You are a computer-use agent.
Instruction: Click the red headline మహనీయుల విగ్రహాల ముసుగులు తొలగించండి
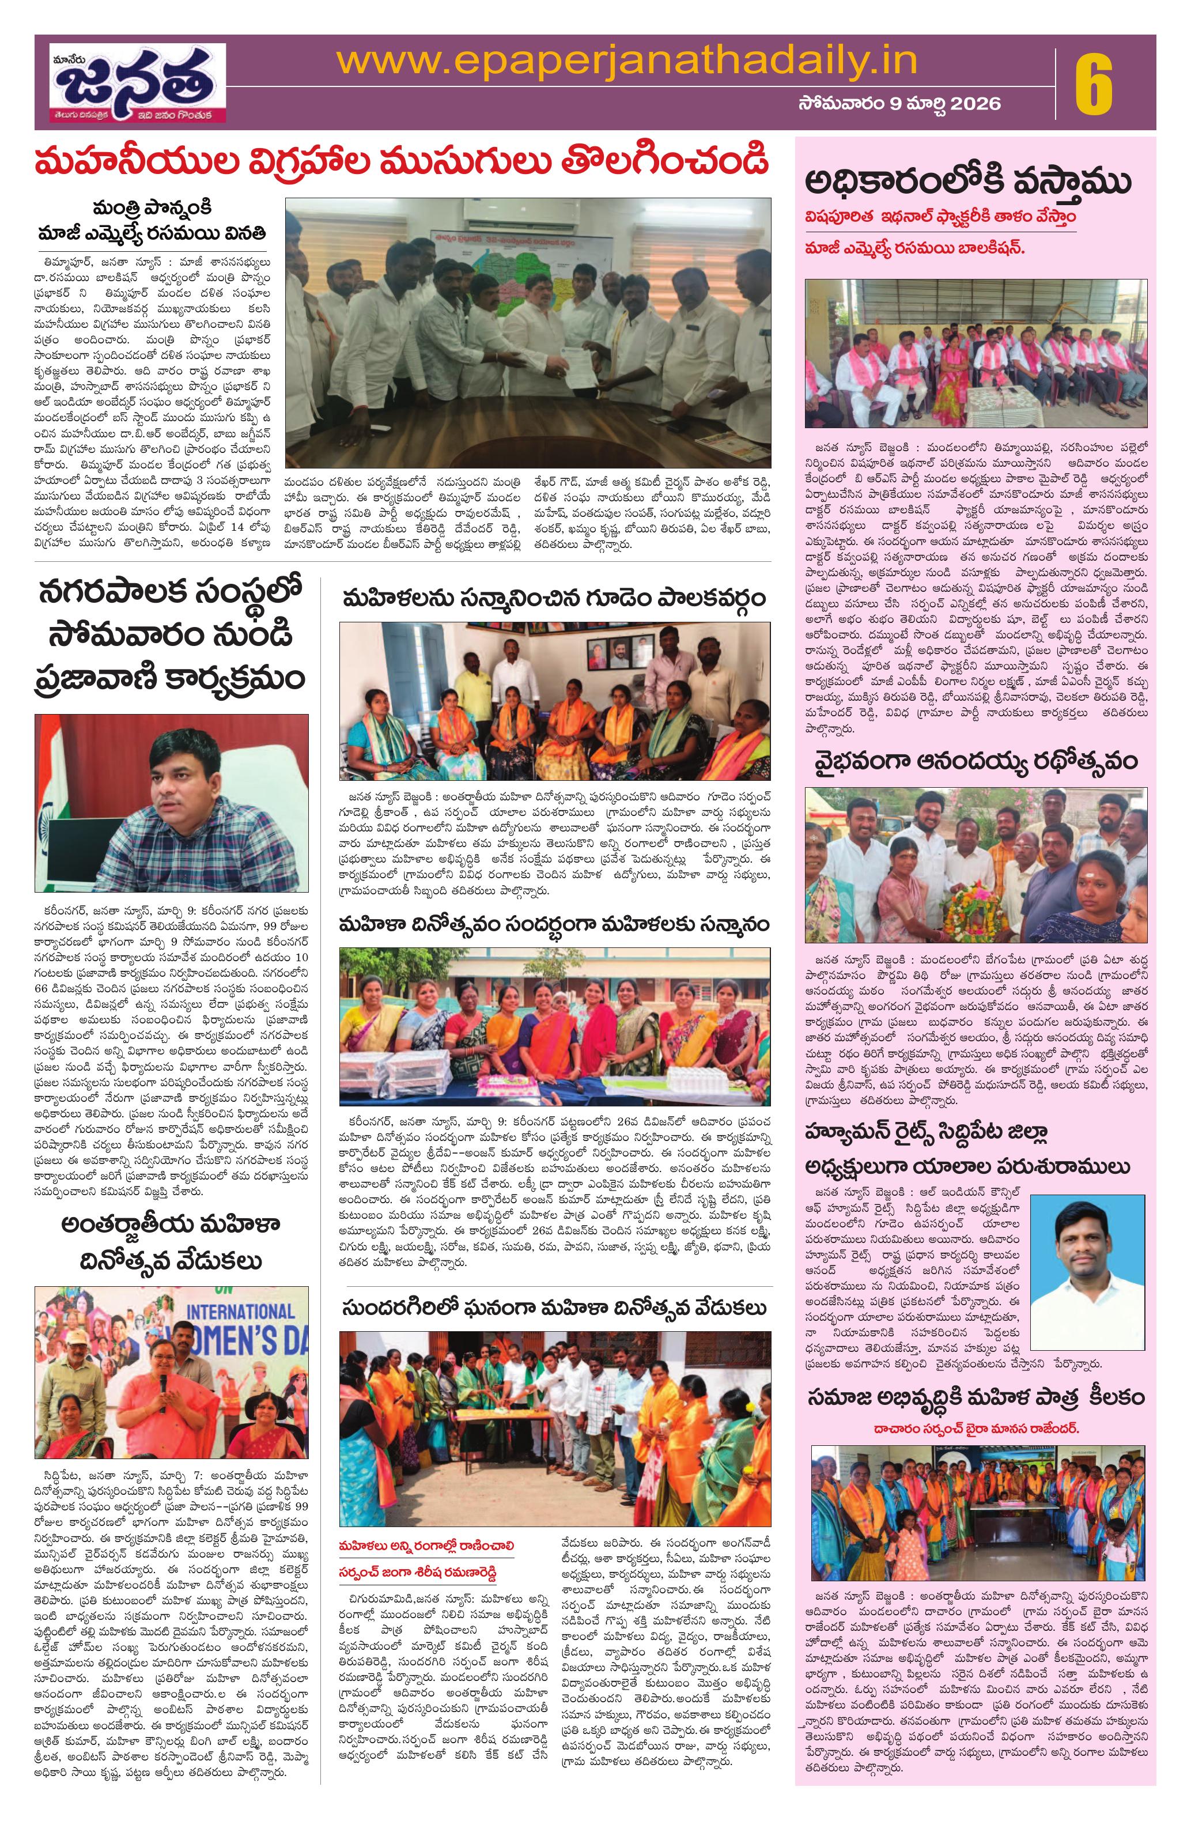pos(402,162)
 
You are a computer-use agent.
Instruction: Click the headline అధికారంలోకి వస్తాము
pos(967,183)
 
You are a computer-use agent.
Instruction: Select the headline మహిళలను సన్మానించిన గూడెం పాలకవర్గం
pos(554,598)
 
